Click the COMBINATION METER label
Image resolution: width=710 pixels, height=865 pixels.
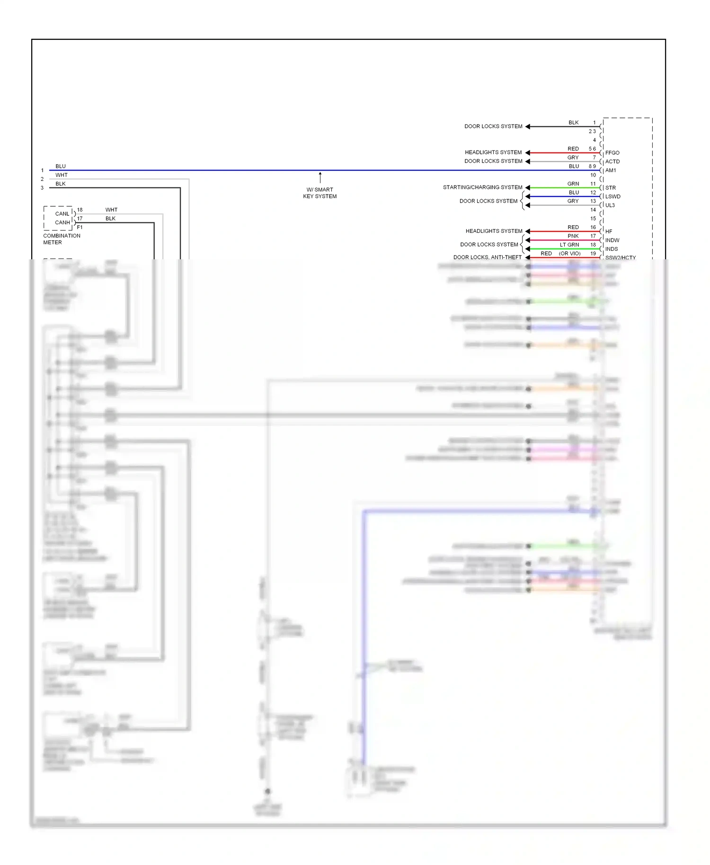click(x=62, y=239)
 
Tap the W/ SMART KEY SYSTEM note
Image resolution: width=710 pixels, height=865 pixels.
click(x=320, y=193)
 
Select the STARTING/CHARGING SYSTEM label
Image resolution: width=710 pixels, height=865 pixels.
click(x=482, y=187)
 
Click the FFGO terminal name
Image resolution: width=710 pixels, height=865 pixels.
click(x=612, y=153)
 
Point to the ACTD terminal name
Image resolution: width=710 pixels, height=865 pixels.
click(x=612, y=161)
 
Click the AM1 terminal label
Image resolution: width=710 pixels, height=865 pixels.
click(x=611, y=170)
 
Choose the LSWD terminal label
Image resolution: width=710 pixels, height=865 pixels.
click(x=612, y=196)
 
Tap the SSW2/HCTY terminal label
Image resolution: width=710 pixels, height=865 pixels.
click(x=620, y=258)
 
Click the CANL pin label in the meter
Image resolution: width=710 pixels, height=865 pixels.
click(x=62, y=214)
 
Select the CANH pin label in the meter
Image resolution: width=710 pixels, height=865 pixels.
click(x=62, y=222)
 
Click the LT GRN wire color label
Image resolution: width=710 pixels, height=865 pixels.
click(x=569, y=245)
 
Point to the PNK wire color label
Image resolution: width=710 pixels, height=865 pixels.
click(x=573, y=236)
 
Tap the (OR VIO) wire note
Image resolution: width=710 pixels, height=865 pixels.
click(x=569, y=254)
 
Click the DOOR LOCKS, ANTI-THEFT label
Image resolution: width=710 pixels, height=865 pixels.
click(x=487, y=257)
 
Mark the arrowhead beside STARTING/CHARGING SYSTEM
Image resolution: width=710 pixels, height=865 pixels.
click(x=528, y=188)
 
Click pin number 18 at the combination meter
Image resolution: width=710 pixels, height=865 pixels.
click(x=80, y=210)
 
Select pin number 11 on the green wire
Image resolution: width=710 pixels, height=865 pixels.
click(x=593, y=184)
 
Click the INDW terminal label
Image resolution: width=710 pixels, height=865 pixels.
click(x=612, y=240)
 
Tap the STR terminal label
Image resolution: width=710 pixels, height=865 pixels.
click(x=610, y=188)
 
